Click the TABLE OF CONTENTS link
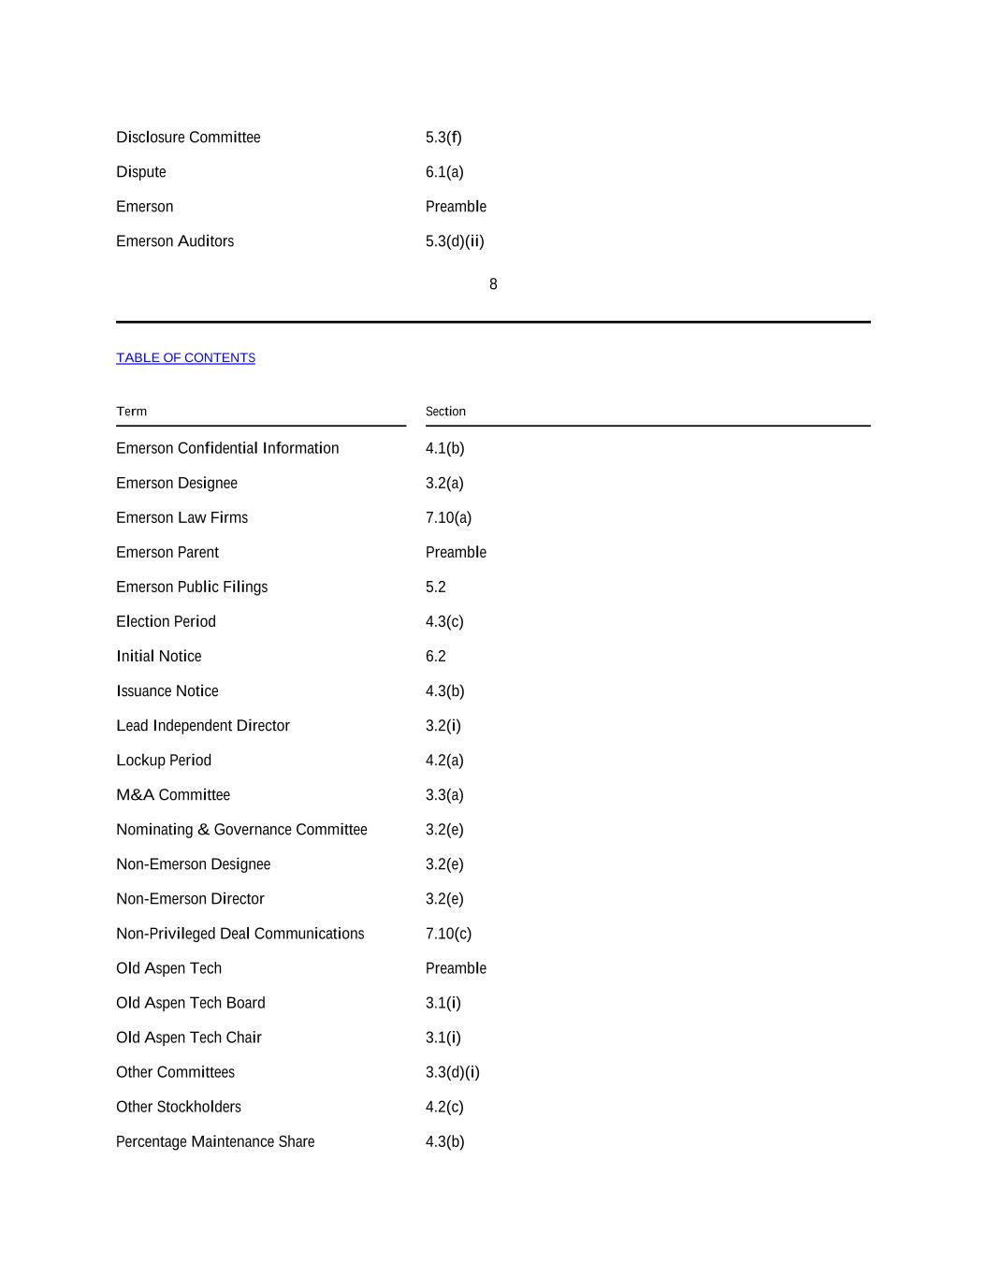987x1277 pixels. click(185, 358)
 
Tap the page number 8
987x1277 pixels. click(493, 284)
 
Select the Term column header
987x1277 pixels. click(132, 412)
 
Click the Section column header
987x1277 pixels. click(445, 412)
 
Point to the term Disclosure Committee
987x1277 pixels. click(188, 138)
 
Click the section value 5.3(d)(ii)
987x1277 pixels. click(455, 241)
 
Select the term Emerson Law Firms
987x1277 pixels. click(181, 518)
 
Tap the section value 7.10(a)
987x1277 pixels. click(448, 518)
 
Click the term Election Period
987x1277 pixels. click(166, 622)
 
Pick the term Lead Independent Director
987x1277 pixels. click(203, 726)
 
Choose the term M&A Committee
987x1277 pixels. click(173, 795)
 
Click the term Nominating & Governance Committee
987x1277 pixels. click(241, 830)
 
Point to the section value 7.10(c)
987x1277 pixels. click(448, 934)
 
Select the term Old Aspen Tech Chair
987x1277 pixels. click(189, 1038)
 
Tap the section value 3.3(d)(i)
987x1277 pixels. click(452, 1072)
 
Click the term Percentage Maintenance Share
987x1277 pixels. click(215, 1141)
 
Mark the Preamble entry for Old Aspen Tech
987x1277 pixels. click(456, 968)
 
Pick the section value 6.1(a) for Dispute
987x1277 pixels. click(444, 172)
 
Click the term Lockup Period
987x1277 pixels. click(164, 761)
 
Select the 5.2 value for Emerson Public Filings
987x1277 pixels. click(435, 588)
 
